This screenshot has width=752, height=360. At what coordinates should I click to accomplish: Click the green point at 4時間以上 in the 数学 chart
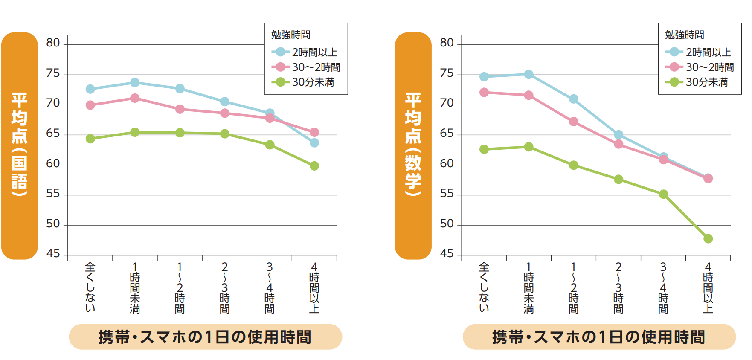708,238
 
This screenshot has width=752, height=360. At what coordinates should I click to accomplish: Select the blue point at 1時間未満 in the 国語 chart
135,82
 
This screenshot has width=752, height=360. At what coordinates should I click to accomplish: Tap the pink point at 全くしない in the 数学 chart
484,93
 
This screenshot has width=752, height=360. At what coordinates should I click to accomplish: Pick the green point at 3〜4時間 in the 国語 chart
270,145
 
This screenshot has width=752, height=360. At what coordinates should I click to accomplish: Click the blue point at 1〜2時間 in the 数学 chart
574,99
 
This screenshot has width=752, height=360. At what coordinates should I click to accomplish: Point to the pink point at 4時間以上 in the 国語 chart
314,132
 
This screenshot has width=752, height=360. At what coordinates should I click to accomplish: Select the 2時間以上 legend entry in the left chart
305,52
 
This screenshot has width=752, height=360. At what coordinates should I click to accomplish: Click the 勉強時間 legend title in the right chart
684,35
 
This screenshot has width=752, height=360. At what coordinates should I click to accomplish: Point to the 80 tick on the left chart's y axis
53,43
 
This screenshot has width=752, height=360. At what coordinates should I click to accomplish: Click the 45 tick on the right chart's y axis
447,254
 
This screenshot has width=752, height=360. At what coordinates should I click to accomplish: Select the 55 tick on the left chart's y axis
53,194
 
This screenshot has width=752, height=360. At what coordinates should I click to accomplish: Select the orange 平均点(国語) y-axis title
20,145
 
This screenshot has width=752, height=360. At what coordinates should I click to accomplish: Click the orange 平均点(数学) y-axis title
413,145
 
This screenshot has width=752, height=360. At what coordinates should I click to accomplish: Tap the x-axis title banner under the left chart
205,337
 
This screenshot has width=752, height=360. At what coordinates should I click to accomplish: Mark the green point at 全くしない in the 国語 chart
90,139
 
